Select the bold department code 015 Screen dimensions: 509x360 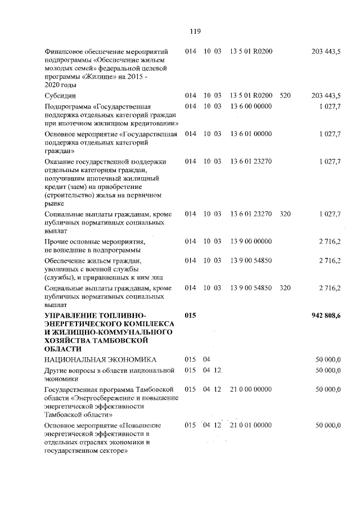click(x=191, y=316)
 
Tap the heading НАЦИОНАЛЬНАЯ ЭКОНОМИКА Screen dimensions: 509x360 click(x=101, y=359)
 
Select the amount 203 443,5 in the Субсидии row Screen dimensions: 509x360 click(x=326, y=96)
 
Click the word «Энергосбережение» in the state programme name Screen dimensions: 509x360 click(x=102, y=398)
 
